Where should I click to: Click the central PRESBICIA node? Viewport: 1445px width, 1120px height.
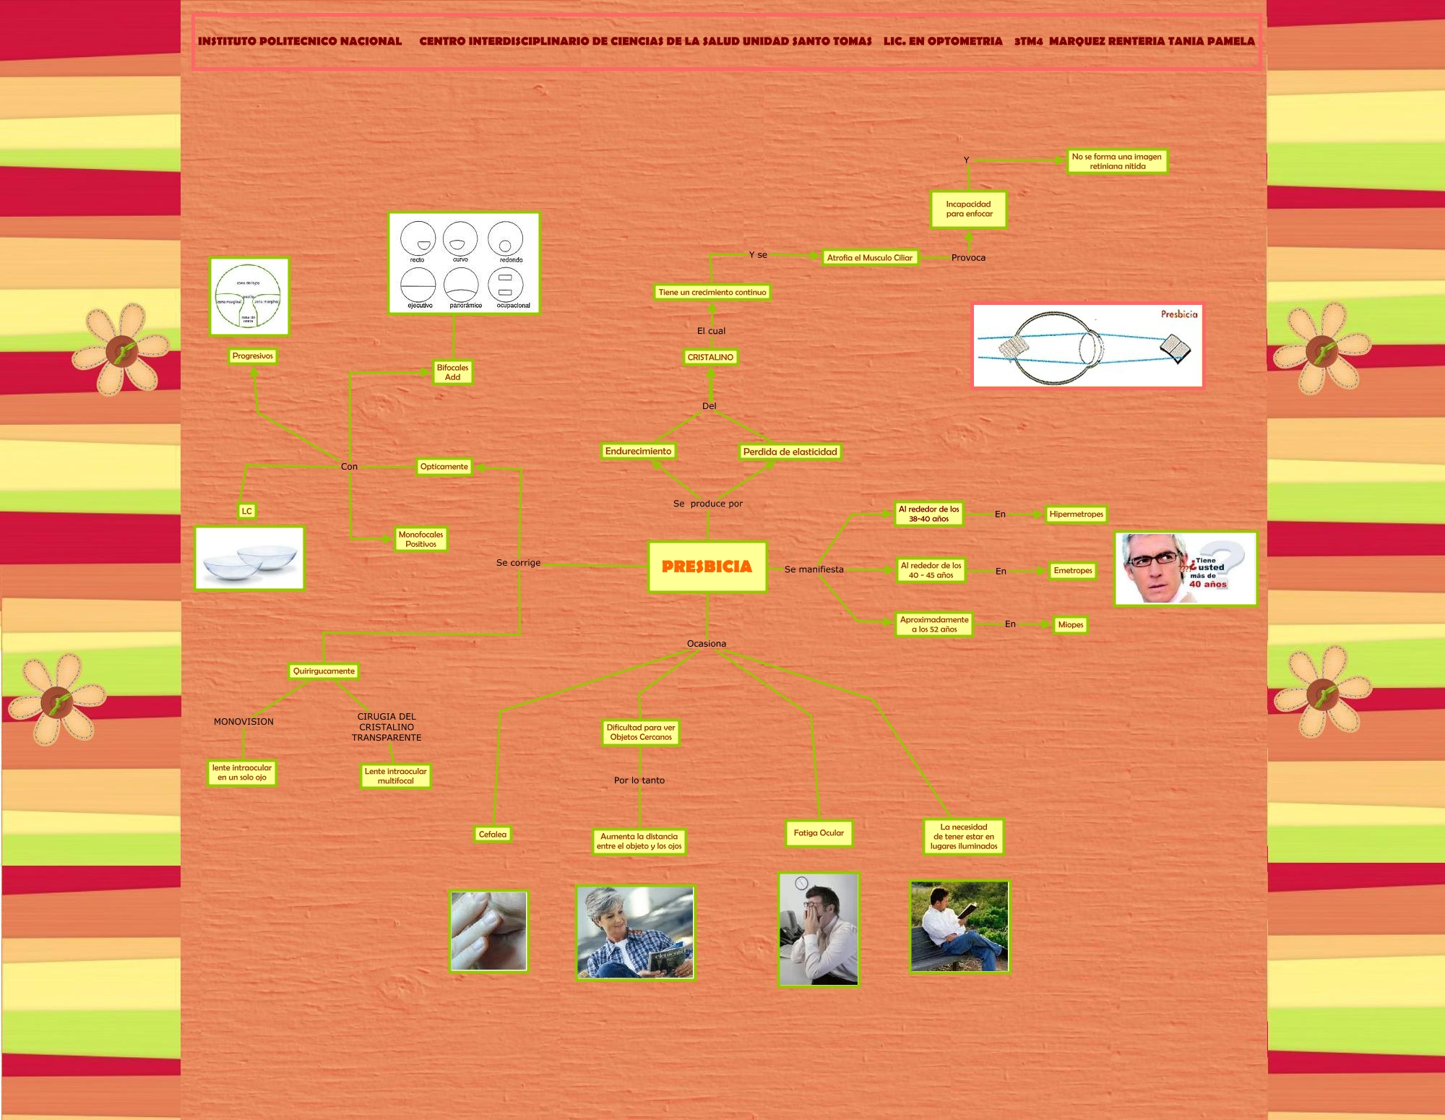(x=707, y=567)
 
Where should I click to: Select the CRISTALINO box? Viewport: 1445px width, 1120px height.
(x=710, y=357)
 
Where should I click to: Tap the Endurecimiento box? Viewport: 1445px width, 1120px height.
(x=638, y=451)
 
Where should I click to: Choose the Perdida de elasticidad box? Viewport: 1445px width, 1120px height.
(x=790, y=452)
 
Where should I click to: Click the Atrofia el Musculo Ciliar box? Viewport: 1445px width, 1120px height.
(x=870, y=257)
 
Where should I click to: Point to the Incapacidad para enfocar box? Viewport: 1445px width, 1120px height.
(x=969, y=209)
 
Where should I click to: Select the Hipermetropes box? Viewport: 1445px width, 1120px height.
(x=1077, y=514)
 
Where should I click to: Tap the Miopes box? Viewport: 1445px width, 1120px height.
(x=1070, y=624)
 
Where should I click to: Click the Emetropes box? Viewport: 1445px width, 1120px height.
(x=1073, y=570)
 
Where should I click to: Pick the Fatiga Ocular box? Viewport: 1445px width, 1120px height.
(x=819, y=833)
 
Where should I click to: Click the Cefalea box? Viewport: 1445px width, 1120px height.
(x=493, y=834)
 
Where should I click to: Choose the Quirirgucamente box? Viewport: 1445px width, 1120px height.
(x=324, y=671)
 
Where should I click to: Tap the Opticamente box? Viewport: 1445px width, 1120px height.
(x=444, y=466)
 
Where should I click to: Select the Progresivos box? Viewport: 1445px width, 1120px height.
(x=253, y=356)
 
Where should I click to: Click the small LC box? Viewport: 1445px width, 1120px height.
(x=247, y=511)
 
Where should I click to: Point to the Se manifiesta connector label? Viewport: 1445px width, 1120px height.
(x=814, y=569)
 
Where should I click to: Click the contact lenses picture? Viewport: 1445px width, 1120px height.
(x=249, y=558)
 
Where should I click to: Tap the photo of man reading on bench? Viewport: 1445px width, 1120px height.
(x=959, y=926)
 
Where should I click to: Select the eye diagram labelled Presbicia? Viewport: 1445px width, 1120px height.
(x=1087, y=345)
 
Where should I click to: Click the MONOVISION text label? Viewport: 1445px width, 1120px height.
(x=243, y=721)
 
